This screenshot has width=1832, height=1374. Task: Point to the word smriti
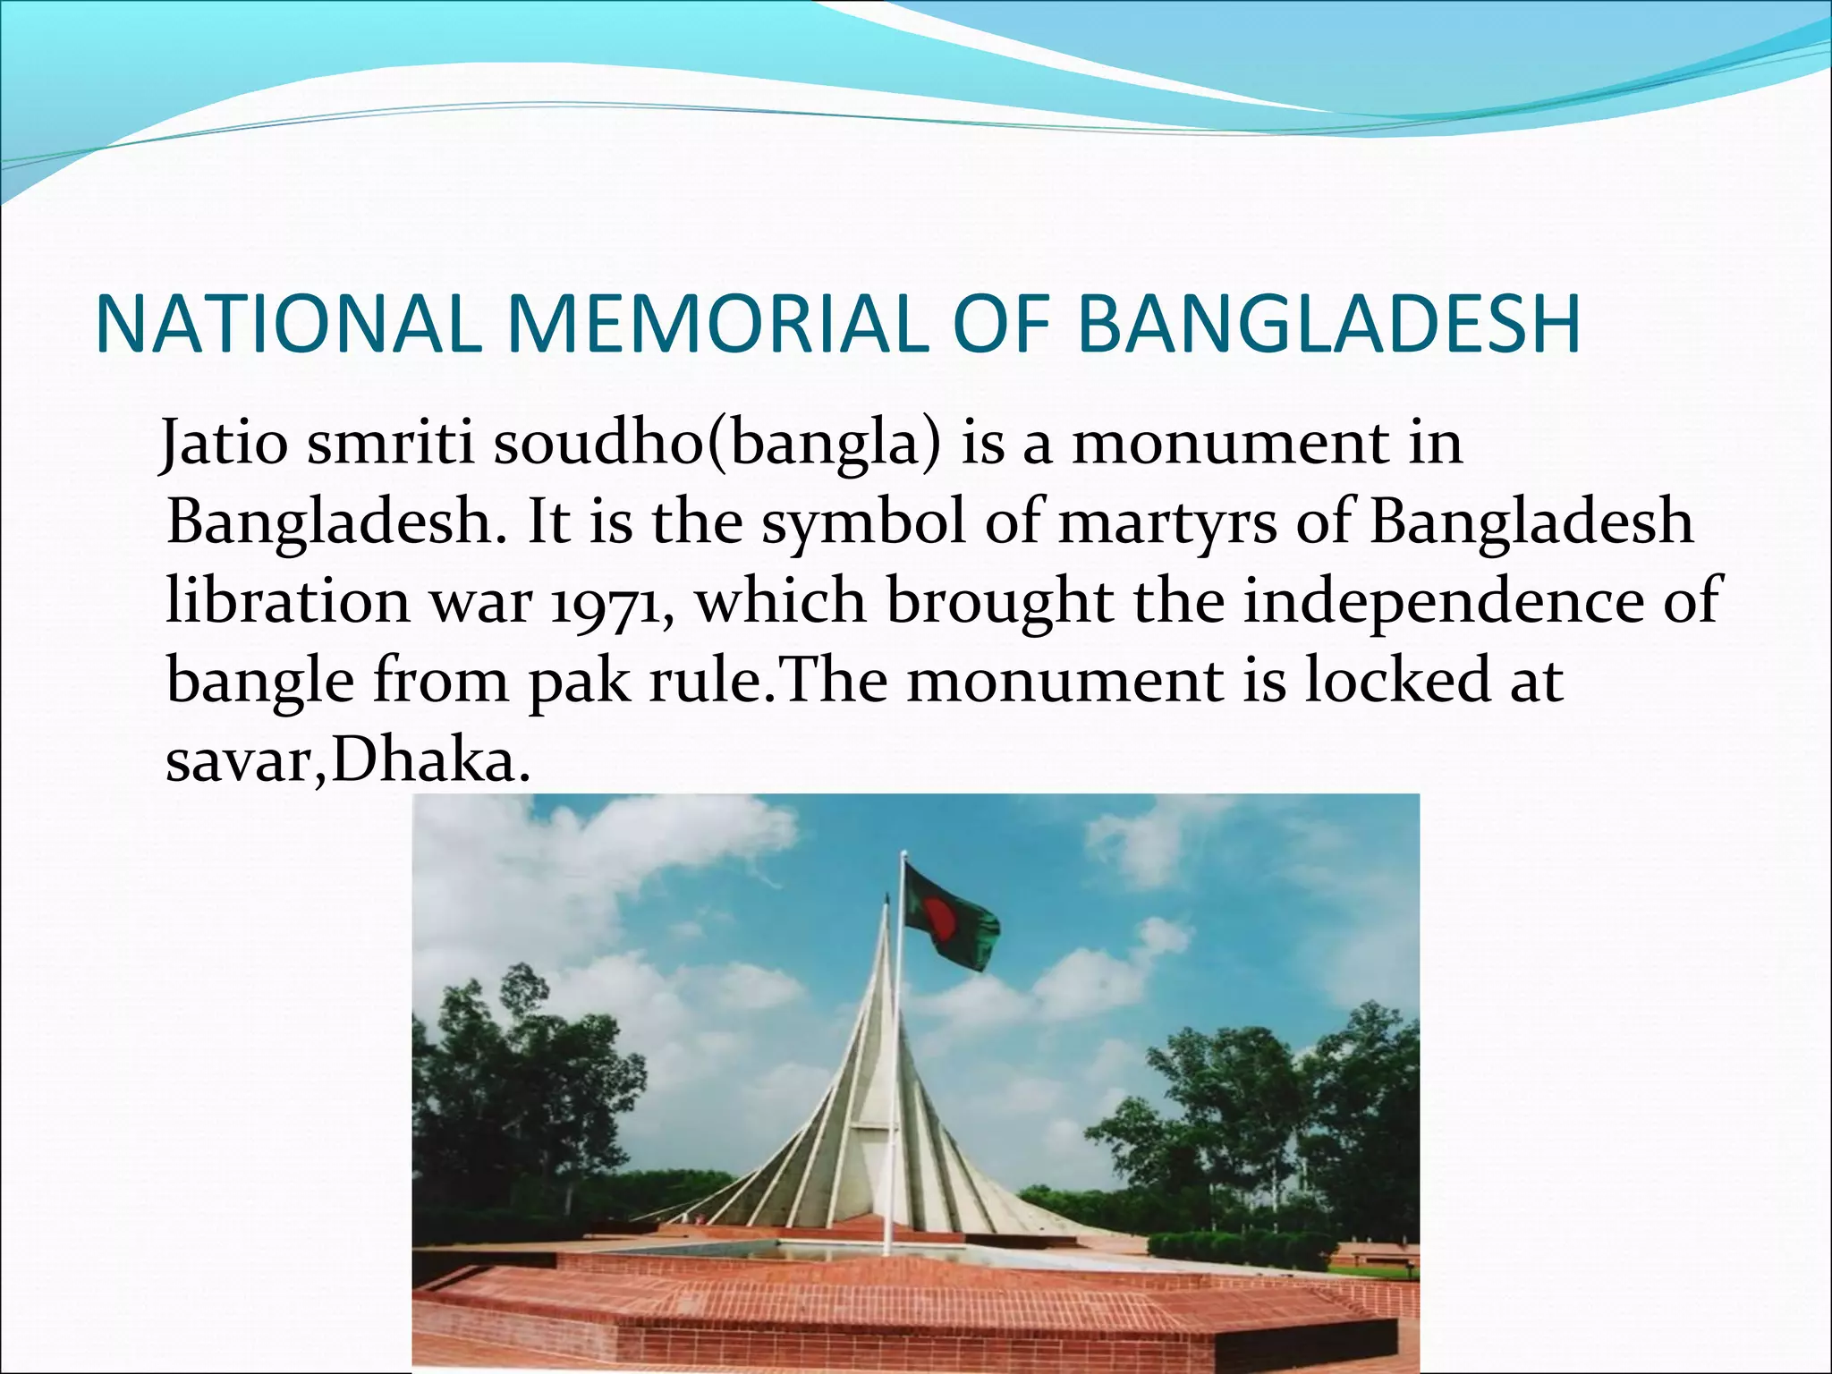tap(390, 444)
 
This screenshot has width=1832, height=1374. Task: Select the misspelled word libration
tap(287, 601)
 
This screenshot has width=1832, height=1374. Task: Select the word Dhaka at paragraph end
tap(424, 761)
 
